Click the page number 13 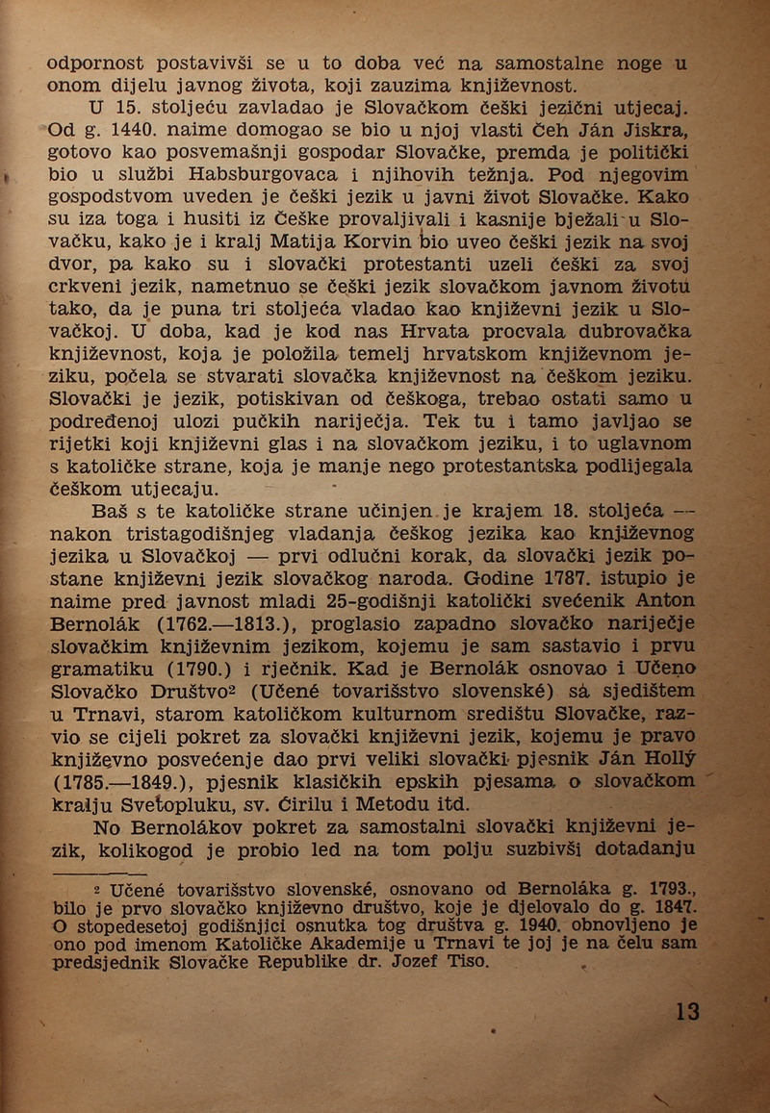point(687,1011)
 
